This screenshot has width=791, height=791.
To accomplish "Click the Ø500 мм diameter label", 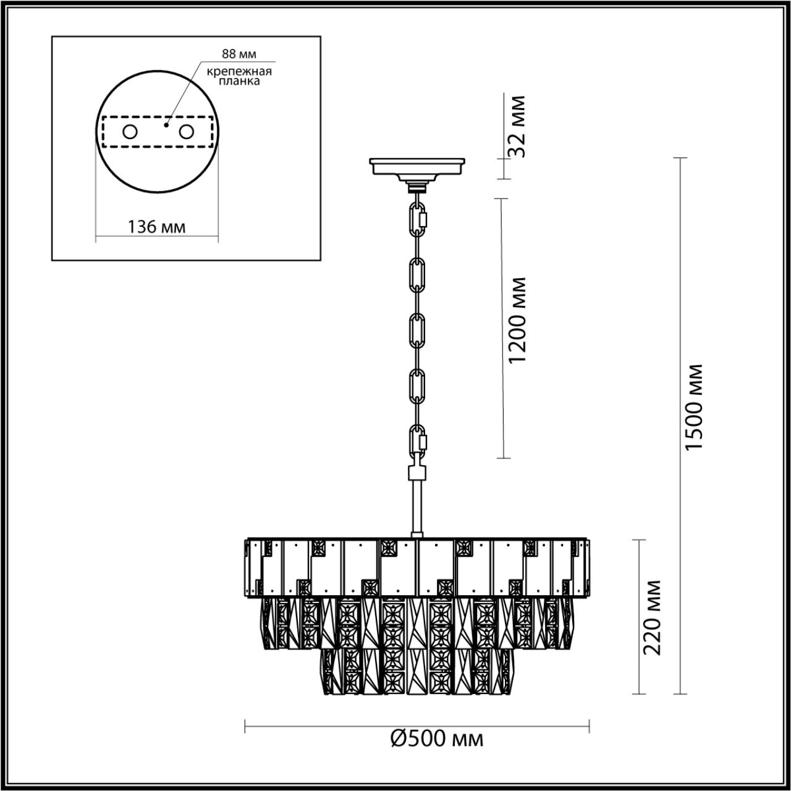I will [437, 738].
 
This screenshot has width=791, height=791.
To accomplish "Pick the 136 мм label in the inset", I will [156, 226].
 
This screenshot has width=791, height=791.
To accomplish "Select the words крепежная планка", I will [240, 76].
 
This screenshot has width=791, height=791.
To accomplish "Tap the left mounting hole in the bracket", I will [130, 132].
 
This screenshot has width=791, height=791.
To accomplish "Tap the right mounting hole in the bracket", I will [185, 132].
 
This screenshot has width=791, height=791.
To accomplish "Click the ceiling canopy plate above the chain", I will [417, 166].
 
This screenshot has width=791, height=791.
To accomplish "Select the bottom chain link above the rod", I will [418, 441].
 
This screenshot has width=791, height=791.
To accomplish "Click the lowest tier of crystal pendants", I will [417, 670].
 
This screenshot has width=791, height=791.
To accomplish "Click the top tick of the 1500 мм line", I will [680, 158].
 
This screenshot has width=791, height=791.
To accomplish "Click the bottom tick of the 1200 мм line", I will [502, 458].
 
